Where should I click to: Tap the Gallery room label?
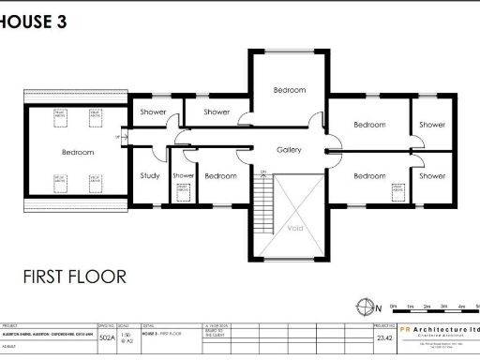pos(289,150)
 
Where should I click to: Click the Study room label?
pos(150,176)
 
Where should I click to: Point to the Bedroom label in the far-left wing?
pos(78,152)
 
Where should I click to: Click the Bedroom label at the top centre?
pos(289,90)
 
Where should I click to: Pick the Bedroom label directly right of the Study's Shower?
pos(220,176)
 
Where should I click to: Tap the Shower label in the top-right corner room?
pos(432,125)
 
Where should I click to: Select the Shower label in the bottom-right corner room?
pos(432,176)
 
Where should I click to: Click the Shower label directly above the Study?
pos(153,112)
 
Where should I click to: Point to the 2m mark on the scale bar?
pos(426,307)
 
